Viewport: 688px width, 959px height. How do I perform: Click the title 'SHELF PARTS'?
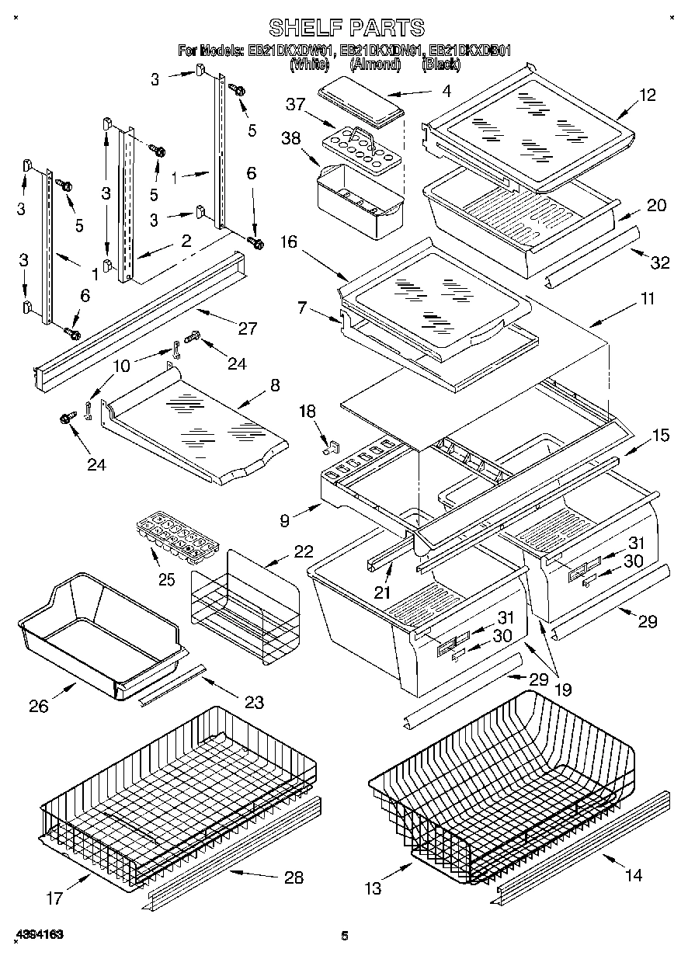coord(346,28)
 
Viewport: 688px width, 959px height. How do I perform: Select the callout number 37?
coord(294,105)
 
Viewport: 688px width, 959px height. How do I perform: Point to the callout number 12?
coord(648,96)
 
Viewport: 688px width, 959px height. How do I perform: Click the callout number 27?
coord(247,328)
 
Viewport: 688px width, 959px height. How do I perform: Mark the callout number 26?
coord(39,706)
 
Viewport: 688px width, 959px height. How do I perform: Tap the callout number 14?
coord(634,875)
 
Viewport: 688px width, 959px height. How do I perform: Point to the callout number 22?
coord(303,552)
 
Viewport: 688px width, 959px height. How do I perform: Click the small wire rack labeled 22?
coord(245,606)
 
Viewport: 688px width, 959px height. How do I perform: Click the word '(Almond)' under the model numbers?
coord(374,65)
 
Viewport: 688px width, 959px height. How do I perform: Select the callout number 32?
coord(659,262)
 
